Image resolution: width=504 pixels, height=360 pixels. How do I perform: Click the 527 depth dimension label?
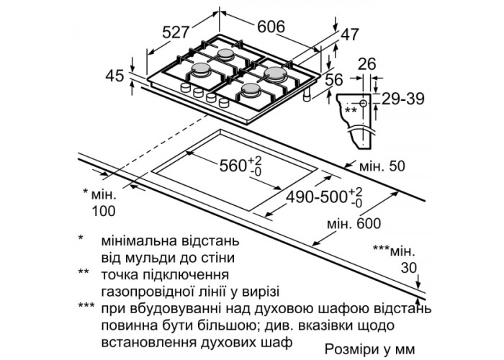coord(175,33)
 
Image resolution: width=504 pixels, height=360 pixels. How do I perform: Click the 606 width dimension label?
coord(271,27)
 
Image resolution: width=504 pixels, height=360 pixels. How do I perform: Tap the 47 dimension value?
coord(349,33)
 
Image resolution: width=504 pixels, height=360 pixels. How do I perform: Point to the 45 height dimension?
coord(114,75)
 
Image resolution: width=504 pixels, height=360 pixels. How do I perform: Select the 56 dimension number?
coord(332,81)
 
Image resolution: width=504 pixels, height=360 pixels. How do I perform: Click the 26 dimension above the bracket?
coord(368,65)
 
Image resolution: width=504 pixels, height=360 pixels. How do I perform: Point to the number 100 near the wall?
coord(104,210)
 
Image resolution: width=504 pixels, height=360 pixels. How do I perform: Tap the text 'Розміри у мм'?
coord(370,348)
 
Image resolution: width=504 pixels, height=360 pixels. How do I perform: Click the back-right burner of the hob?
coord(275,72)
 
